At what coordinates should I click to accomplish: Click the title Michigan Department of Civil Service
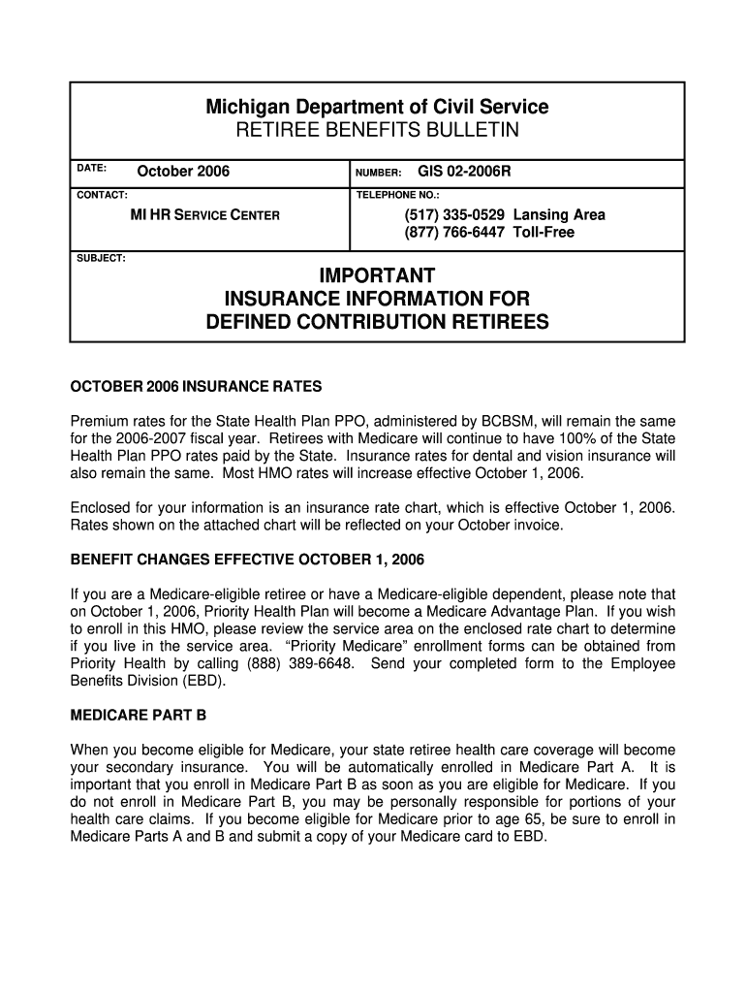(x=377, y=107)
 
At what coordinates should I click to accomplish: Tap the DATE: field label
(x=92, y=168)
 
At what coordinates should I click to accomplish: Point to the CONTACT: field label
(x=102, y=195)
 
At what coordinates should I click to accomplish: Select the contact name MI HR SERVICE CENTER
(x=204, y=214)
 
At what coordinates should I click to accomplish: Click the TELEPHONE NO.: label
(x=398, y=195)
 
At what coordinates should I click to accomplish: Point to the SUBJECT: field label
(x=101, y=258)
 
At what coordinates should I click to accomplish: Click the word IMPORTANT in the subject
(x=377, y=276)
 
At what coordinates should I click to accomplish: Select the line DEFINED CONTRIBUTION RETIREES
(x=377, y=322)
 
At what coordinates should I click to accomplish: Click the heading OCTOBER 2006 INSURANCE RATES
(x=196, y=387)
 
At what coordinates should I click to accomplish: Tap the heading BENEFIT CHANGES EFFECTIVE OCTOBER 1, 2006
(x=247, y=561)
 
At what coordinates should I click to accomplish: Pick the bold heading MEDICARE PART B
(x=138, y=717)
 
